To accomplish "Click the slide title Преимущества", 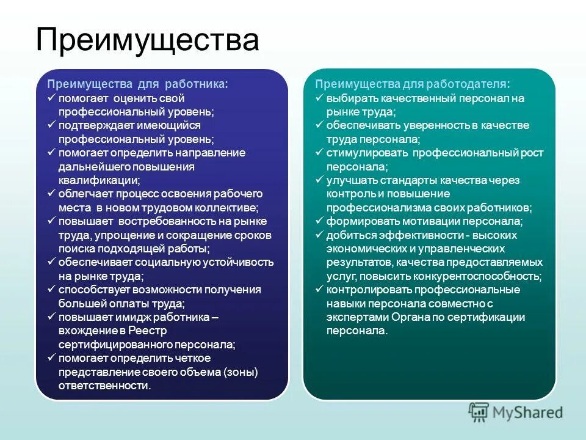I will point(147,40).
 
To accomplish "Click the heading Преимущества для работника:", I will point(138,84).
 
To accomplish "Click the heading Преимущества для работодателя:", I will point(413,84).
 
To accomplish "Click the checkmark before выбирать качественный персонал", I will point(319,98).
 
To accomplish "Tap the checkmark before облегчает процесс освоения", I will point(52,194).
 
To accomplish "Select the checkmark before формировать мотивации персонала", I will point(319,221).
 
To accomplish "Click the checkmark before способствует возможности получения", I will point(52,290).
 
